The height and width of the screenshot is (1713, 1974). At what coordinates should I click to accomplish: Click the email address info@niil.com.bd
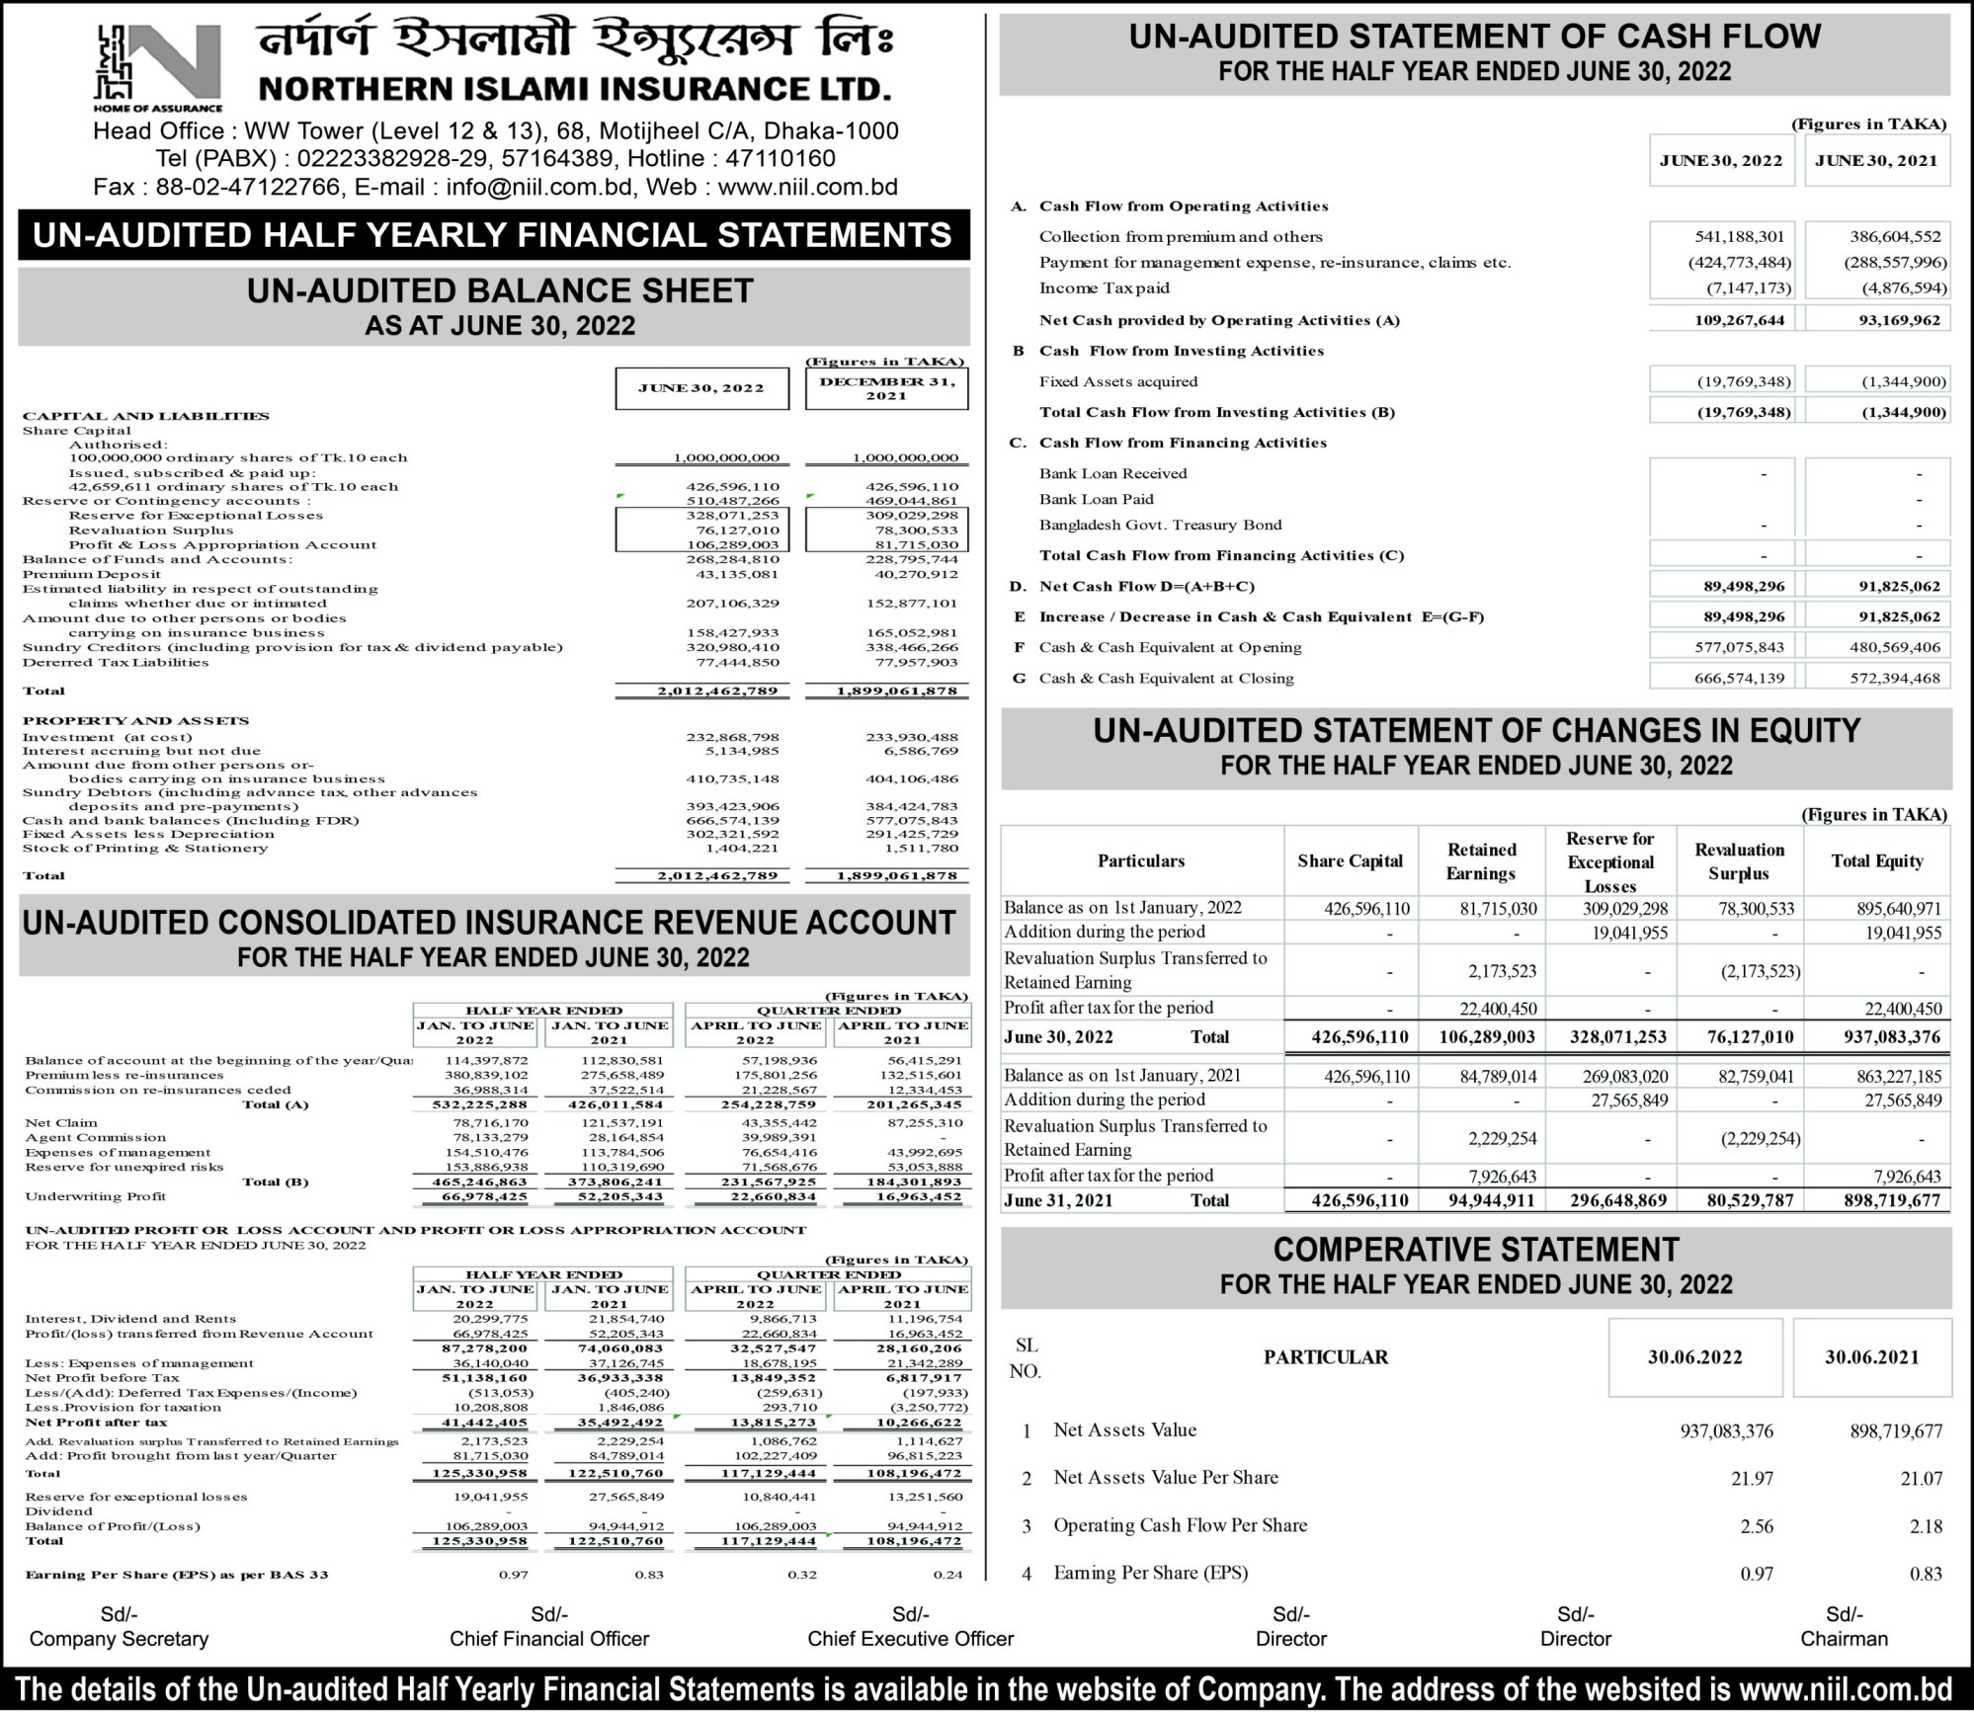click(x=529, y=187)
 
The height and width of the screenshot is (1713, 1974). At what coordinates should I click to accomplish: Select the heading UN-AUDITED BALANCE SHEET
click(x=500, y=290)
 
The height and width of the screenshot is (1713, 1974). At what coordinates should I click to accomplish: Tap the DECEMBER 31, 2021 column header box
click(x=886, y=388)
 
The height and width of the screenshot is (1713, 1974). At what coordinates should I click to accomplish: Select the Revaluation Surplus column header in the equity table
click(x=1739, y=861)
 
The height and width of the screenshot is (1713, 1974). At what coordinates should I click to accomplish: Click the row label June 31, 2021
click(x=1058, y=1200)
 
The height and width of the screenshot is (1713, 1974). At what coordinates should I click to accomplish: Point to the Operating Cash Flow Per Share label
click(x=1180, y=1525)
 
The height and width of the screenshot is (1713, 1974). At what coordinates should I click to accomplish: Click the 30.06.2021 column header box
click(x=1871, y=1357)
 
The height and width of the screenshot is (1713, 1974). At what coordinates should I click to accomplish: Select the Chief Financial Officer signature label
click(x=549, y=1639)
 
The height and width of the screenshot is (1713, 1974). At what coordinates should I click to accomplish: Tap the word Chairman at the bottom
click(x=1844, y=1639)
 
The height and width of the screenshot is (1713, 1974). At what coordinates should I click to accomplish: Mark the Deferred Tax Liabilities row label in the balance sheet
click(x=116, y=663)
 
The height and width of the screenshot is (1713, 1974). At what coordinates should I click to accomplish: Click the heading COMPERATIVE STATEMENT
click(x=1475, y=1250)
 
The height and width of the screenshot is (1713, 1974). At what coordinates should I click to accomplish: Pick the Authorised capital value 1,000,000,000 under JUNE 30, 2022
click(x=726, y=458)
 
